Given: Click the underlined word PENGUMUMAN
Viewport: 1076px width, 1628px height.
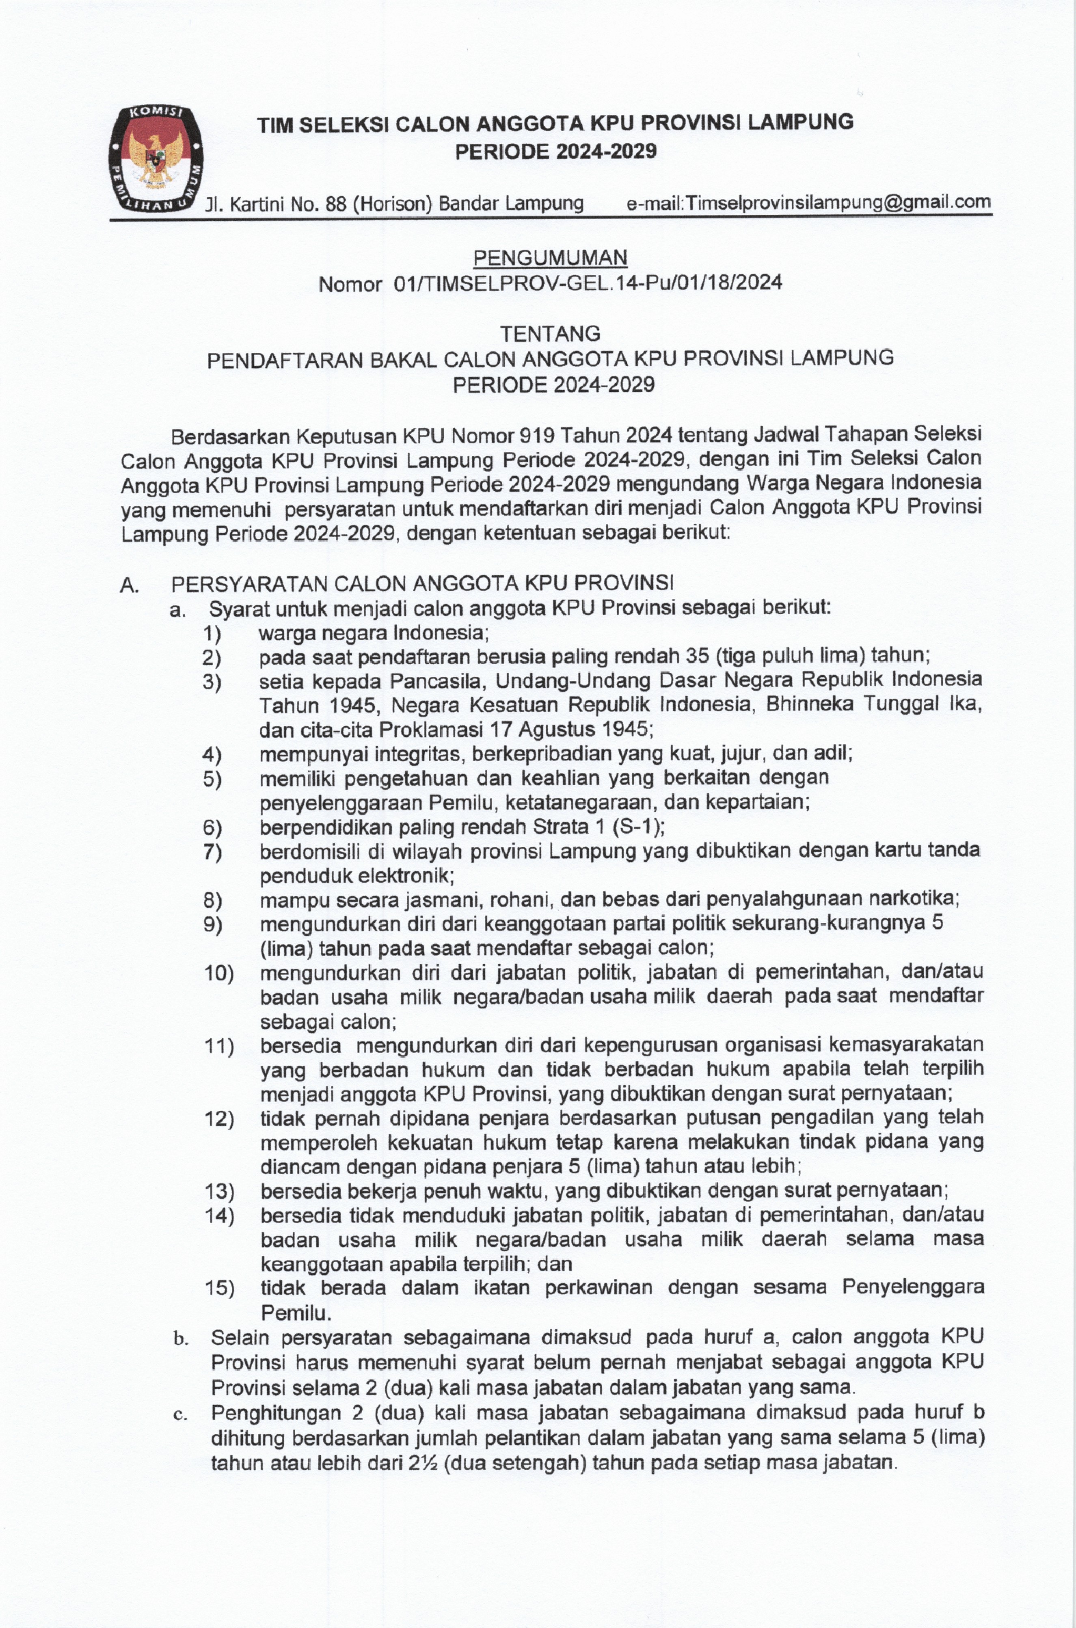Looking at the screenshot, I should point(550,257).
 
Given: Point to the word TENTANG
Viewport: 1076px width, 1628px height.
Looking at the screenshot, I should point(550,334).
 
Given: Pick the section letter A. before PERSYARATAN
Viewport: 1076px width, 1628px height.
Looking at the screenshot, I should point(130,585).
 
